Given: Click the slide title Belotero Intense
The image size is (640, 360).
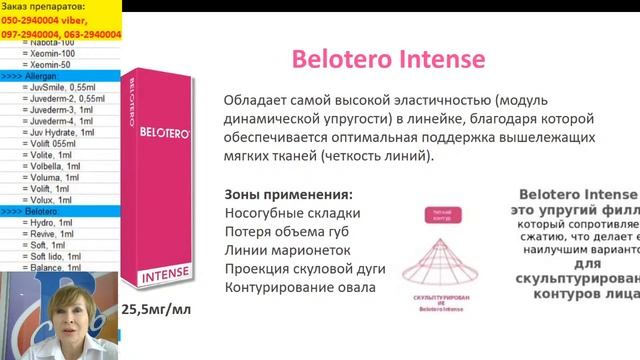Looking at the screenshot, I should [x=388, y=59].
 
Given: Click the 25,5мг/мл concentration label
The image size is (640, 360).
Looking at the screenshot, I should [x=155, y=309].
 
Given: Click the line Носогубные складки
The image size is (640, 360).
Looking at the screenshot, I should [x=292, y=213].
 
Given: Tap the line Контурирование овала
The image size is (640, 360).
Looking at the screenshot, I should [x=299, y=288].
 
